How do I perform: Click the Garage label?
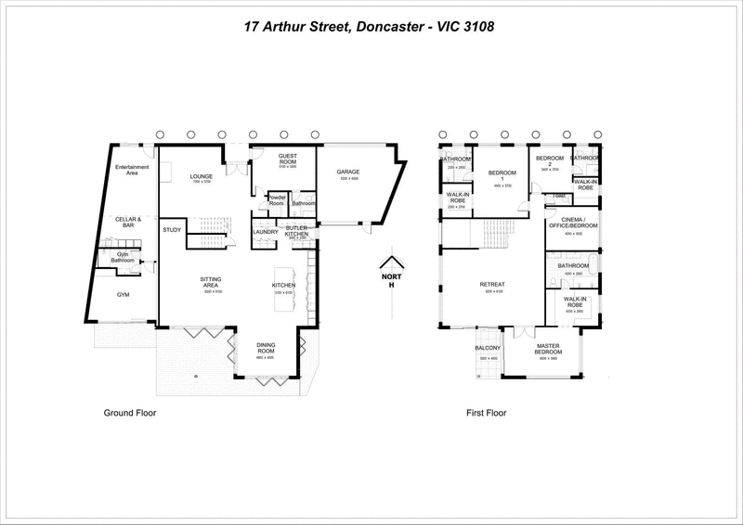(x=348, y=173)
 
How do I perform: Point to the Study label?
(x=171, y=229)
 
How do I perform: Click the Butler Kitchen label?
(x=295, y=231)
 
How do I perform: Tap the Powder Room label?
(x=276, y=198)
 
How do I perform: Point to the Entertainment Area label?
(x=132, y=169)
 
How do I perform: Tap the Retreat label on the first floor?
(x=491, y=284)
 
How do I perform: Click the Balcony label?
(x=488, y=349)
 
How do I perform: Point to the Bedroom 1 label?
(x=502, y=173)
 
